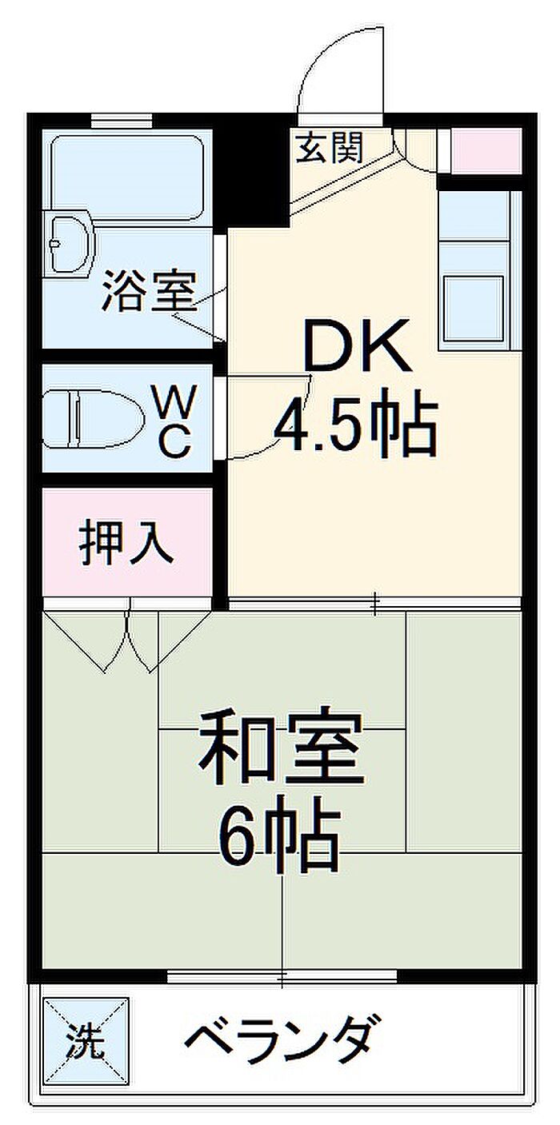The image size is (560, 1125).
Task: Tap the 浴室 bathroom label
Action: point(149,293)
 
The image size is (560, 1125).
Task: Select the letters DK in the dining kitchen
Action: point(357,346)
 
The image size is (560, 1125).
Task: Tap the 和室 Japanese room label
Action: point(281,749)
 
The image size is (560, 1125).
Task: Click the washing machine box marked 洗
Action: point(85,1040)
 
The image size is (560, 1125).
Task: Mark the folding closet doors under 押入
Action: point(126,640)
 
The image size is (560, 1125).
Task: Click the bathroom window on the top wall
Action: point(121,120)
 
